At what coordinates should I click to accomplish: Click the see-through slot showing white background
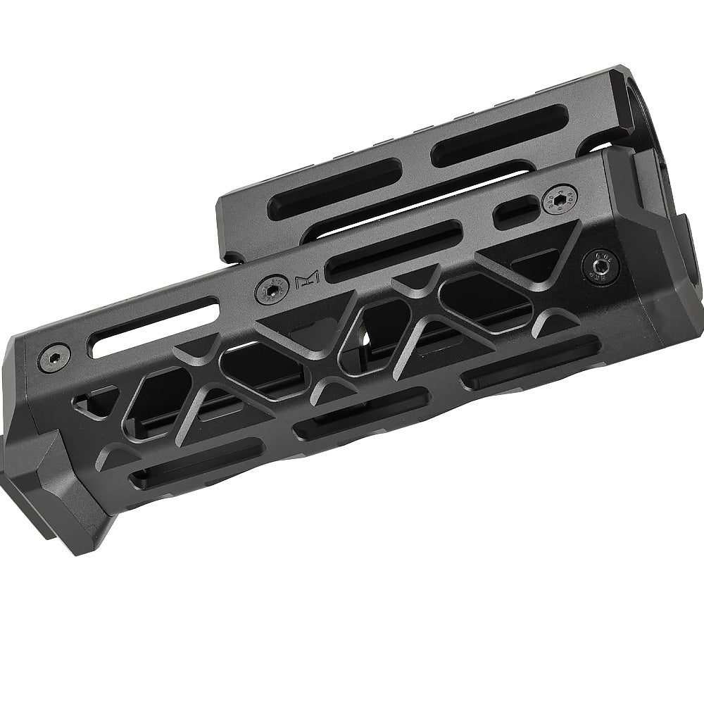pyautogui.click(x=153, y=325)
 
